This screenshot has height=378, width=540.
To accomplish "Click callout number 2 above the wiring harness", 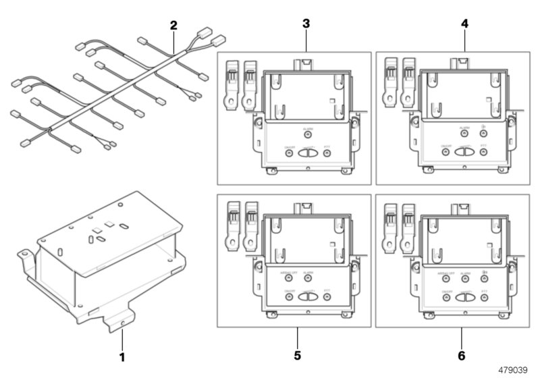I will (x=173, y=26).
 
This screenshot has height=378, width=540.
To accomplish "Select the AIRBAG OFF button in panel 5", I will (x=290, y=277).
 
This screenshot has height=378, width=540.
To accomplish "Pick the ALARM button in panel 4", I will (x=466, y=134).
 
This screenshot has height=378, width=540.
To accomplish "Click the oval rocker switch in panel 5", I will (x=308, y=296).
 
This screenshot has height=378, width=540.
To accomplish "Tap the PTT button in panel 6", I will (x=485, y=296).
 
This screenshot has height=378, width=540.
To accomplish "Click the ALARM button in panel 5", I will (x=308, y=277).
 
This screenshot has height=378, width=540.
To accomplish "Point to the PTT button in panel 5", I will (x=327, y=296).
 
